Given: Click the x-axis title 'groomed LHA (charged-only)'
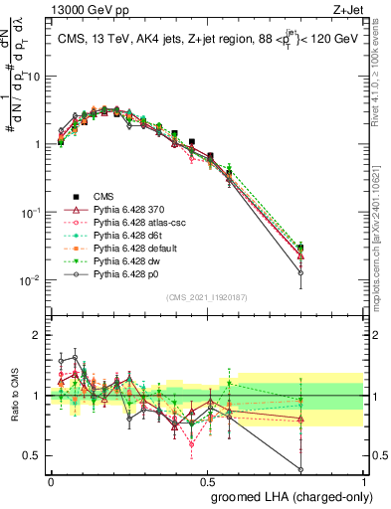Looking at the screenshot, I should click(x=288, y=496).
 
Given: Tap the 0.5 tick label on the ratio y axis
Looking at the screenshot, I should click(x=35, y=456).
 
